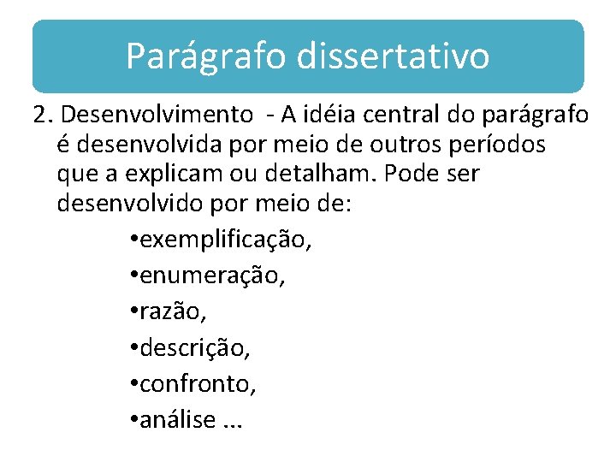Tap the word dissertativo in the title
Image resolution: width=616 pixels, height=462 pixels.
(394, 56)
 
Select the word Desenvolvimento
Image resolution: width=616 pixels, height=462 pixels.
(157, 114)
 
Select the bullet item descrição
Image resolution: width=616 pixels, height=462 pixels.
(195, 348)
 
